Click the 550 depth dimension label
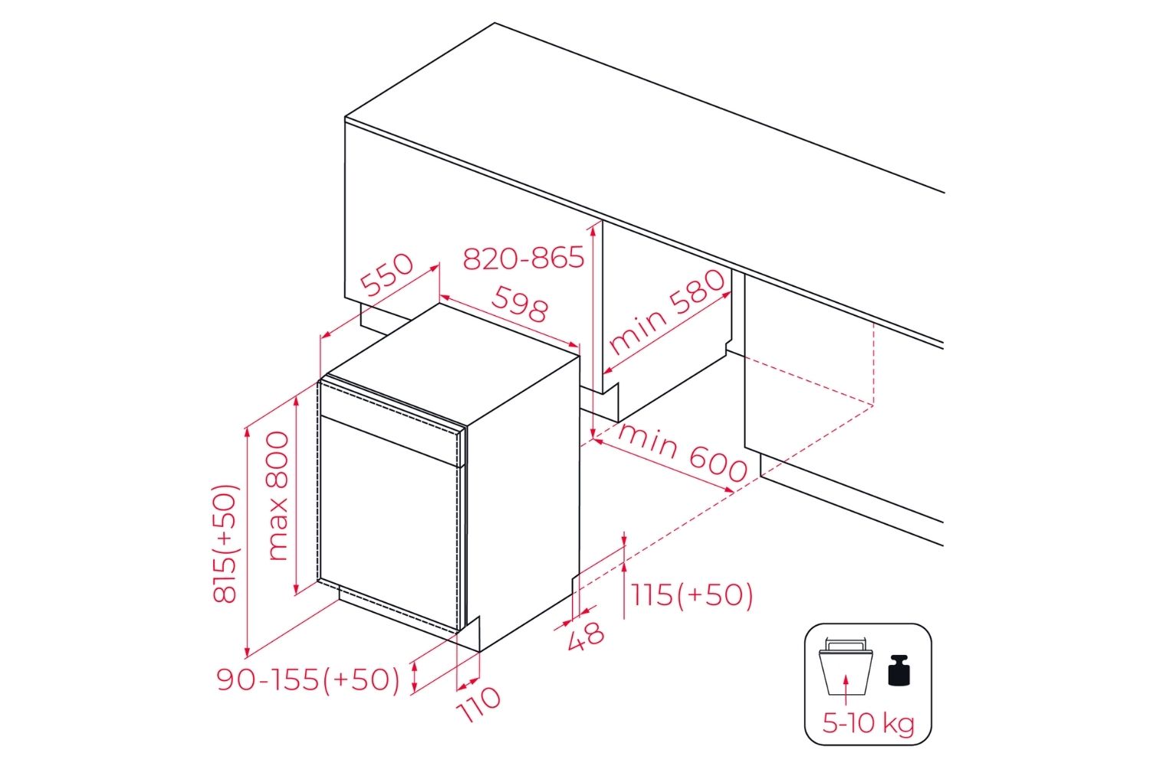(x=388, y=275)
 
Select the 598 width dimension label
(x=521, y=304)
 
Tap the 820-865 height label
(x=524, y=258)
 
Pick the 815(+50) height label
(x=226, y=543)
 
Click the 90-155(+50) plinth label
(x=308, y=680)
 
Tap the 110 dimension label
(x=480, y=703)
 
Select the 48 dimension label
(x=586, y=635)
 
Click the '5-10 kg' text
(x=868, y=723)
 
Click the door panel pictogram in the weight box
(x=846, y=667)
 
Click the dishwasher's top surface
(x=452, y=360)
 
